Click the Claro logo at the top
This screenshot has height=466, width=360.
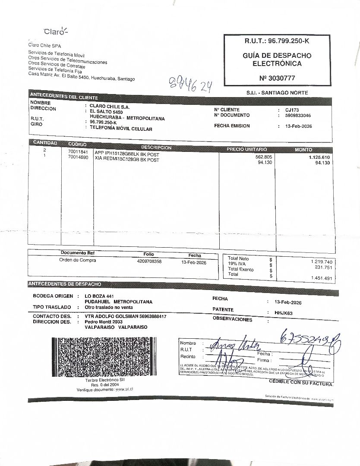pyautogui.click(x=56, y=31)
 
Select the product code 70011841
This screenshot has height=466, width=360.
pyautogui.click(x=78, y=152)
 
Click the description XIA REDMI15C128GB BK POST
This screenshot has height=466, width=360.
pyautogui.click(x=127, y=160)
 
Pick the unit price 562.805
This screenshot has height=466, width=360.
pyautogui.click(x=263, y=157)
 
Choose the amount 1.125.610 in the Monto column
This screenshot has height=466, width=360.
pyautogui.click(x=319, y=157)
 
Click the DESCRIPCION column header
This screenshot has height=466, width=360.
pyautogui.click(x=156, y=148)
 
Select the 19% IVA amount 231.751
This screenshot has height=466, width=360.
pyautogui.click(x=323, y=268)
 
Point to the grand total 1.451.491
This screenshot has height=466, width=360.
pyautogui.click(x=321, y=278)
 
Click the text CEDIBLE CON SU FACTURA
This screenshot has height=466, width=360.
pyautogui.click(x=301, y=382)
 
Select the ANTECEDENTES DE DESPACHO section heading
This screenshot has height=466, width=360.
pyautogui.click(x=65, y=284)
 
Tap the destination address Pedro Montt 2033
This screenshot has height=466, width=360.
pyautogui.click(x=104, y=322)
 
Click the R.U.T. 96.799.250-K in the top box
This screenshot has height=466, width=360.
pyautogui.click(x=277, y=41)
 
